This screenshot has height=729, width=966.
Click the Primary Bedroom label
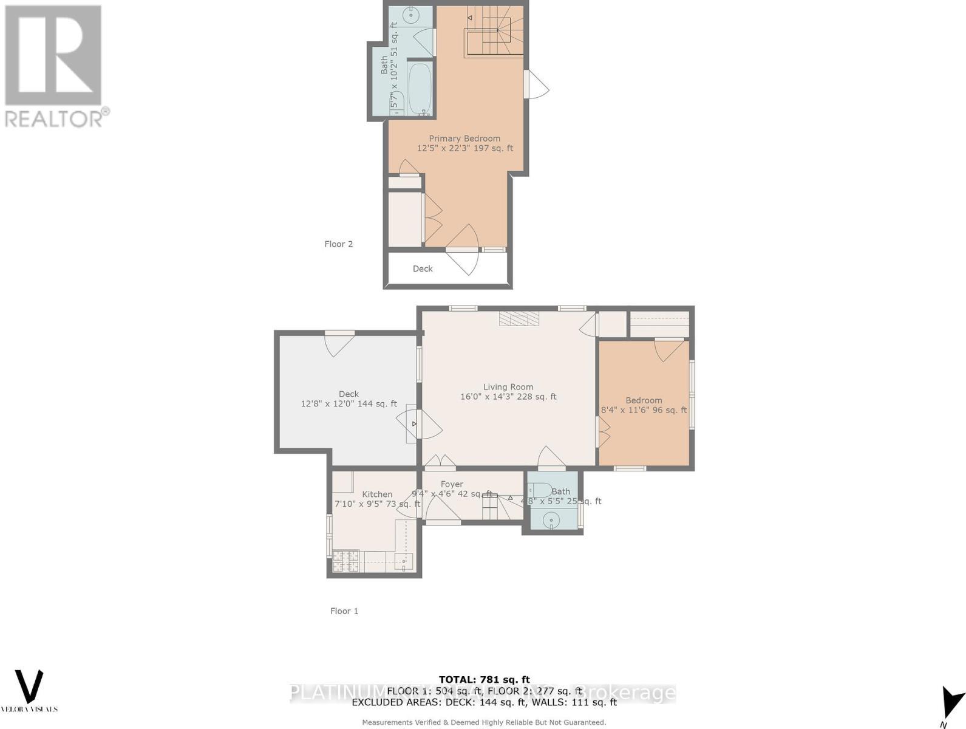(x=464, y=139)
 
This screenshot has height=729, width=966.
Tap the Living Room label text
(x=508, y=387)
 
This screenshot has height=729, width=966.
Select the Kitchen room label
(x=377, y=495)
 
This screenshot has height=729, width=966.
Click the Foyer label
(x=452, y=484)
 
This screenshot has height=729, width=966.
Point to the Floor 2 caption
(x=338, y=244)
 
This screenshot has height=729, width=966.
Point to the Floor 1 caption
(x=344, y=611)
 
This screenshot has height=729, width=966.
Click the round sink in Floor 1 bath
(x=551, y=519)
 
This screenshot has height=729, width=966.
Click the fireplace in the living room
(x=519, y=319)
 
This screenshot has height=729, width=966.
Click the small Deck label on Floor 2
(x=423, y=269)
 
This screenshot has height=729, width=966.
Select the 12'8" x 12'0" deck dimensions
(x=349, y=404)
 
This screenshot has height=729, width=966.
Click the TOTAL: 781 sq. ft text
(x=484, y=680)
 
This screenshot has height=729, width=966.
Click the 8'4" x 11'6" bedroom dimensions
(x=644, y=410)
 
